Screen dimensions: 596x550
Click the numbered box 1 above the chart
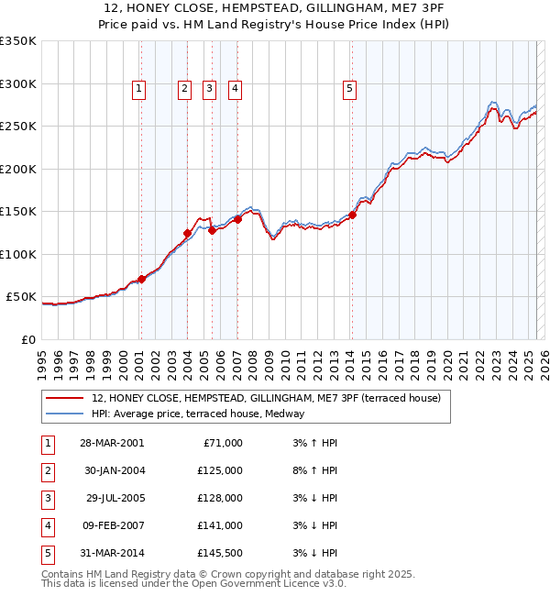tap(137, 89)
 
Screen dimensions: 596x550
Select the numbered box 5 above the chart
tap(350, 89)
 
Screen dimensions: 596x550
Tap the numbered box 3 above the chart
tap(209, 89)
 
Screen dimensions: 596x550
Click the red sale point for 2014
tap(352, 215)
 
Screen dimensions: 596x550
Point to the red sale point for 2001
tap(141, 279)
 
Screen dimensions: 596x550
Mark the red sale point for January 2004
tap(188, 233)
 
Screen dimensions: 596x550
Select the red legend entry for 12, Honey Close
tap(266, 398)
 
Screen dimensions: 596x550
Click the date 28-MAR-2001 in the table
tap(113, 443)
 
